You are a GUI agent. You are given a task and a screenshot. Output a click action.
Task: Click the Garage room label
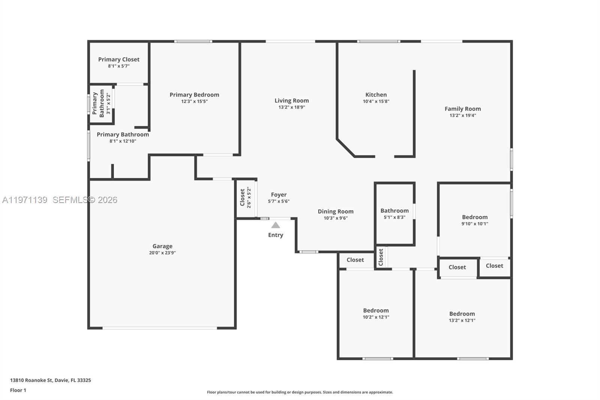(x=162, y=246)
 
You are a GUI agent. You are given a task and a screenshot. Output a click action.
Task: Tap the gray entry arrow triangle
(x=276, y=225)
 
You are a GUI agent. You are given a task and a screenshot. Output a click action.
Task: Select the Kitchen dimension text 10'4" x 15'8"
(x=376, y=101)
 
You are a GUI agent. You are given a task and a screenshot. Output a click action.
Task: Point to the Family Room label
(x=463, y=109)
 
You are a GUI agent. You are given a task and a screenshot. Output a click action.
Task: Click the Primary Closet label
(x=118, y=59)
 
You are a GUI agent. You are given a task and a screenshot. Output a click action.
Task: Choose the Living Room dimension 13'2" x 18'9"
(x=291, y=107)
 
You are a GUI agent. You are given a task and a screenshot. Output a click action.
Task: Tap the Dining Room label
(x=336, y=211)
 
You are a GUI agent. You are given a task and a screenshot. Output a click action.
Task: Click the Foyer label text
(x=279, y=195)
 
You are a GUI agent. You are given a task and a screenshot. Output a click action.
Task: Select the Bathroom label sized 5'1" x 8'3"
(x=394, y=211)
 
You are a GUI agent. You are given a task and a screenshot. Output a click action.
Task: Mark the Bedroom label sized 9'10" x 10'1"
(x=475, y=217)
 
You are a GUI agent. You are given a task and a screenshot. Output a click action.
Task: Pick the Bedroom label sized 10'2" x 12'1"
(x=376, y=310)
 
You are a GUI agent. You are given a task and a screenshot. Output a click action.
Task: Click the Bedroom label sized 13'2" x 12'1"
(x=462, y=314)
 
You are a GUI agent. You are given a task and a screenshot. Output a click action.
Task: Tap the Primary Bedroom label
(x=194, y=95)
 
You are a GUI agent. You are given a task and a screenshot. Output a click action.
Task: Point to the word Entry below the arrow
(x=276, y=235)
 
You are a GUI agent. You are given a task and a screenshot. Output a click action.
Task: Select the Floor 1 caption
(x=18, y=390)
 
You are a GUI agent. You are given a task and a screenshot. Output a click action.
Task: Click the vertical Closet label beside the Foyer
(x=242, y=197)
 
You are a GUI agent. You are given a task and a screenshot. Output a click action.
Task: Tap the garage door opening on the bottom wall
(x=160, y=328)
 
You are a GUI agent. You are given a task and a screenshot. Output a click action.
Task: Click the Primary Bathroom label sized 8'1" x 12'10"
(x=123, y=134)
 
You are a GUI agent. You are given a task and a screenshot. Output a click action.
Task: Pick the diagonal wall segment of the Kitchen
(x=345, y=148)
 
